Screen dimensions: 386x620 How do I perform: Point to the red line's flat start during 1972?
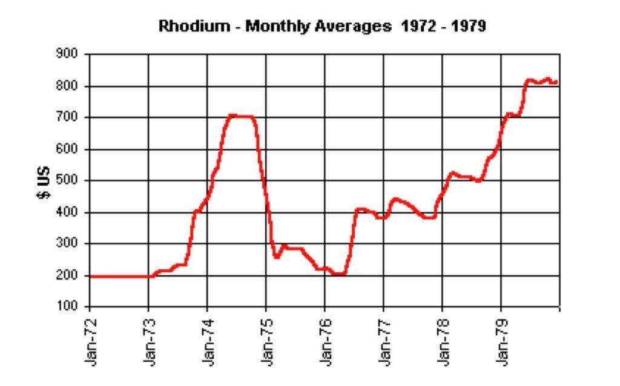pos(119,276)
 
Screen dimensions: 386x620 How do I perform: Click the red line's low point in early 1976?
pos(340,273)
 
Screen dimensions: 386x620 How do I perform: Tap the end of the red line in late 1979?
pos(555,82)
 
